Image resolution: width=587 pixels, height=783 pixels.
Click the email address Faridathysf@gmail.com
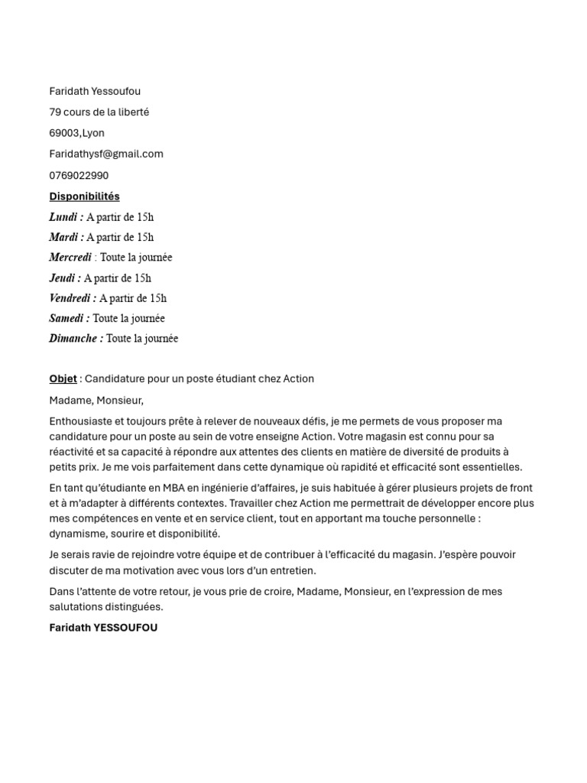click(106, 154)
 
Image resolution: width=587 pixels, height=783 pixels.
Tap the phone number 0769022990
click(79, 175)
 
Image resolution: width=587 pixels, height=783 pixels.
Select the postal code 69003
click(64, 133)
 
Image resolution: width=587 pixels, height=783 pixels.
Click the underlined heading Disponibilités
click(84, 197)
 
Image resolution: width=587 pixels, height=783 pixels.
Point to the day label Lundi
click(65, 217)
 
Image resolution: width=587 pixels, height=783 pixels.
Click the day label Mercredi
click(70, 258)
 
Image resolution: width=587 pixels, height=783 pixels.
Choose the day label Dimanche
click(75, 339)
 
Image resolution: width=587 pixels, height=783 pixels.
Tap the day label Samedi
click(68, 318)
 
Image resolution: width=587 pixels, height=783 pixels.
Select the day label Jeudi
click(63, 278)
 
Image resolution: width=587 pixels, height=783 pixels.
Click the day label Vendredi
click(72, 298)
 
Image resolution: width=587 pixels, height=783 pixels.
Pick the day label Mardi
click(65, 237)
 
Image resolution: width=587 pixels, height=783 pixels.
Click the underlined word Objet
click(63, 379)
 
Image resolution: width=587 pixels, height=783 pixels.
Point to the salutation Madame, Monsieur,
click(96, 400)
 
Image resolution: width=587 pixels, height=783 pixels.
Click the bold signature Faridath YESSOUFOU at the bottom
click(103, 628)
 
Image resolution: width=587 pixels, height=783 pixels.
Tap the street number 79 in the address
click(55, 112)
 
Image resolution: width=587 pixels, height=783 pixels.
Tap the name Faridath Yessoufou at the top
click(95, 91)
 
